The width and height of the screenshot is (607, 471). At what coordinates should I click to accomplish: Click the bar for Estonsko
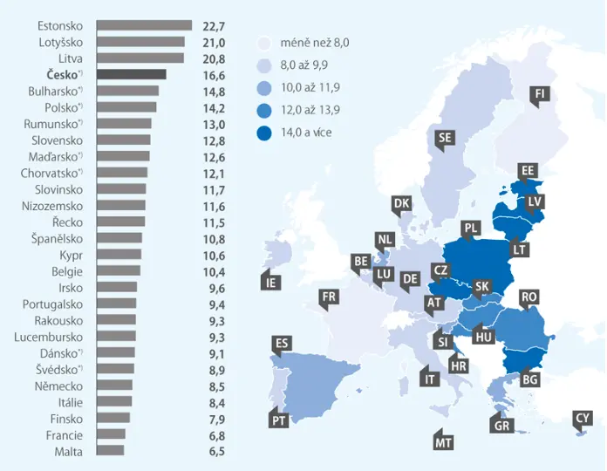[x=144, y=25]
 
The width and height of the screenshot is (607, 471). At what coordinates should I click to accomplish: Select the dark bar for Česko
[x=131, y=74]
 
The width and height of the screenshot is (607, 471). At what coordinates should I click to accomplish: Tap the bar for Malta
[x=111, y=450]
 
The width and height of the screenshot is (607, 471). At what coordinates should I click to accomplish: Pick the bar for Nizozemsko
[x=120, y=205]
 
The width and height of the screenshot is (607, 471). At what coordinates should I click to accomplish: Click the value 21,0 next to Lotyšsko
[x=214, y=43]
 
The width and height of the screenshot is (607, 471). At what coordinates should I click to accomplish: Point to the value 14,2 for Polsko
[x=214, y=108]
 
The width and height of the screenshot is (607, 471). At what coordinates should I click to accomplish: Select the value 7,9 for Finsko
[x=217, y=420]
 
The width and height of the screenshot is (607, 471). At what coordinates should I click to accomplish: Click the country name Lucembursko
[x=48, y=337]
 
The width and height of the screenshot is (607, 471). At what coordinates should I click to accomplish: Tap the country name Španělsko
[x=57, y=238]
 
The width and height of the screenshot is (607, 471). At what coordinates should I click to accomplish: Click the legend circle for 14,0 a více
[x=264, y=133]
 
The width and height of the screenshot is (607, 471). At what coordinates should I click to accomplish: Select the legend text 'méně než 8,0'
[x=315, y=42]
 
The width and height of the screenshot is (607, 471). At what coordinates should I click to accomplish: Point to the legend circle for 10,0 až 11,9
[x=264, y=88]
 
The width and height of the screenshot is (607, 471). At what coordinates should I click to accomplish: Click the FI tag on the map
[x=540, y=95]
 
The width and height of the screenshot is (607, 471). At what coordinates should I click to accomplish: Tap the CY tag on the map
[x=583, y=420]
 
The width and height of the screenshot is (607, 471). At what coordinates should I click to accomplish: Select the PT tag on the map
[x=279, y=420]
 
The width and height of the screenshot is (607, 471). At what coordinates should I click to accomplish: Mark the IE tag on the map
[x=271, y=282]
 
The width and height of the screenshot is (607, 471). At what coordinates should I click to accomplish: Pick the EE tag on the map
[x=528, y=171]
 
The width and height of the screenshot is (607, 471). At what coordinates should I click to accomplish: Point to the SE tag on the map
[x=445, y=138]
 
